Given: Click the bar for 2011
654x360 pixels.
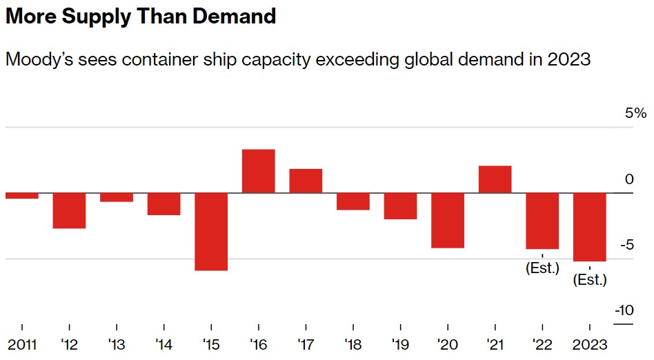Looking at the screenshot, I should click(x=22, y=196).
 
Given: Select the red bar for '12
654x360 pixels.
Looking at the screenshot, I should click(x=69, y=210).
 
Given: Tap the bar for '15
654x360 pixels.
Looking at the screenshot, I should click(x=211, y=231).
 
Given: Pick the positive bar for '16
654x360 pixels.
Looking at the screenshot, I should click(x=259, y=171).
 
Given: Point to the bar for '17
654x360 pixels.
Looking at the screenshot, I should click(x=306, y=181).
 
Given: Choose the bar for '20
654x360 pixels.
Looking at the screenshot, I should click(x=448, y=220).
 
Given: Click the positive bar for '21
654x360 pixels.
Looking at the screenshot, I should click(x=495, y=179).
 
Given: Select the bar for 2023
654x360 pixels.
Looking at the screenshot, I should click(x=590, y=227).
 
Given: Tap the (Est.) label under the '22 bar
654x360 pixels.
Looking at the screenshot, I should click(x=542, y=268).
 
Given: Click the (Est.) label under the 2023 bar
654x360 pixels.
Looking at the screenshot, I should click(x=590, y=280).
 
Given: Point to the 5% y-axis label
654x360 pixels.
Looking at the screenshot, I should click(x=636, y=113).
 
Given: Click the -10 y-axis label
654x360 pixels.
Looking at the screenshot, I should click(x=624, y=310).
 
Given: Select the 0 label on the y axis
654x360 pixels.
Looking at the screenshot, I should click(x=628, y=179).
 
